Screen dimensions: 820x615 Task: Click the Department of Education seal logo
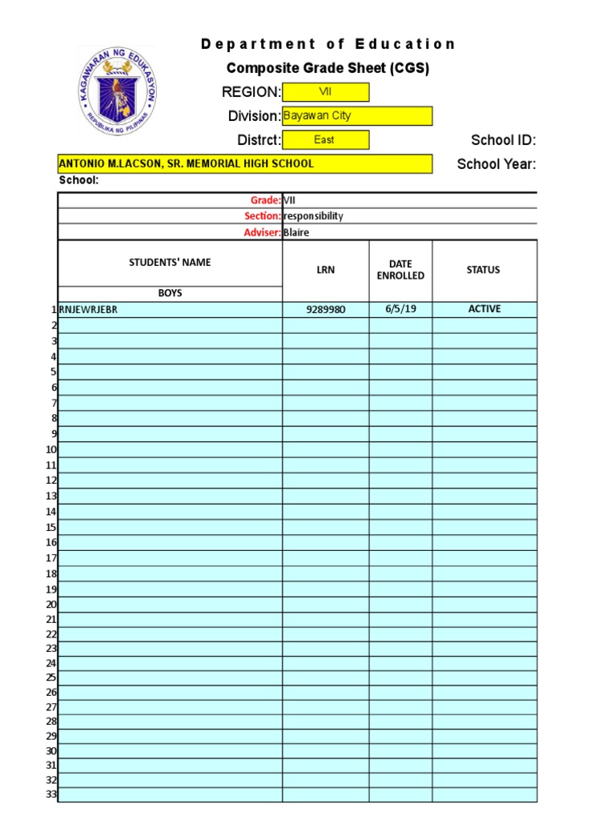118,90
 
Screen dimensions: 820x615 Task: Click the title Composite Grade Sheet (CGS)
328,68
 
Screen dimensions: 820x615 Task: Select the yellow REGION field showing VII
325,92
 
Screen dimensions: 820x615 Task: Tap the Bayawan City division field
357,116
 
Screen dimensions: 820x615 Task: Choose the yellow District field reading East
325,140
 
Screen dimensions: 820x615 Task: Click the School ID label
503,141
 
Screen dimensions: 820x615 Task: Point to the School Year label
496,165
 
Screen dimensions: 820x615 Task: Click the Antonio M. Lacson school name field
244,164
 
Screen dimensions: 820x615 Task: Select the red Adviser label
262,232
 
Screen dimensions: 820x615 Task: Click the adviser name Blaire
296,232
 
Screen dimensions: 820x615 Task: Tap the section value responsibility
313,216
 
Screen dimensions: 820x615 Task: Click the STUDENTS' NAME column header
170,263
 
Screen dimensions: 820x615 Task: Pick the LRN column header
325,270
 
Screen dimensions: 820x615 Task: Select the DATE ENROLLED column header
400,270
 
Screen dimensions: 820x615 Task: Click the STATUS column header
483,270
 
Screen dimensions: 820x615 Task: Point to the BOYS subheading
170,293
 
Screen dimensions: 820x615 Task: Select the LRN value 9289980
325,310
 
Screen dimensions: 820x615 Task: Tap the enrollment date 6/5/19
400,309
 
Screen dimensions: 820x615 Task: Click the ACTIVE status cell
484,309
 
